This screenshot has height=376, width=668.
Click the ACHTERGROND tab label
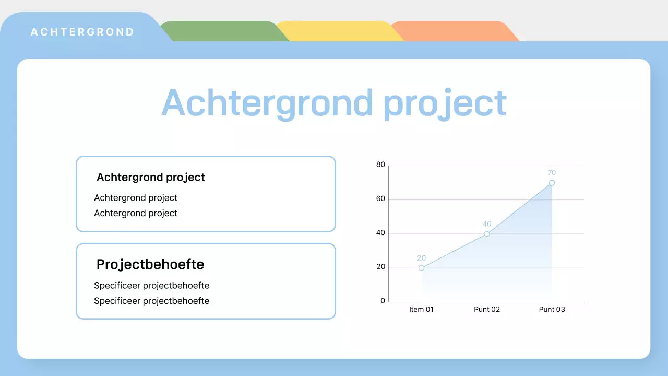click(x=82, y=32)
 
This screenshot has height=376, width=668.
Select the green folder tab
click(x=224, y=31)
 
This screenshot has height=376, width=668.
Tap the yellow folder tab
click(x=340, y=31)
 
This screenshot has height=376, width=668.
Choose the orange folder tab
click(x=455, y=31)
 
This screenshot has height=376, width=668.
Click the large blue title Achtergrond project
click(x=333, y=103)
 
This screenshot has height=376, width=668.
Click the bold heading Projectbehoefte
click(x=150, y=265)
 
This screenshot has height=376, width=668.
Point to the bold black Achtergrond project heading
click(x=151, y=177)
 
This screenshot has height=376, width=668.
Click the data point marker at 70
click(x=552, y=183)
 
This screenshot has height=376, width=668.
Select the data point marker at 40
click(x=487, y=234)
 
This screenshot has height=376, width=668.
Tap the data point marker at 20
click(x=421, y=268)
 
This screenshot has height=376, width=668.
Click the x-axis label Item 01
click(x=421, y=310)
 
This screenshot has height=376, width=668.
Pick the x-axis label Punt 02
click(x=487, y=310)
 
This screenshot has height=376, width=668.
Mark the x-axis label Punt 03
click(x=552, y=310)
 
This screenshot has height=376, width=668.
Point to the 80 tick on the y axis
click(x=380, y=164)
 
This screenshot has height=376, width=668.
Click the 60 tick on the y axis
click(x=380, y=198)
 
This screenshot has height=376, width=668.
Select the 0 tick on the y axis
click(x=383, y=301)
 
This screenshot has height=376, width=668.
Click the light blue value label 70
click(x=552, y=173)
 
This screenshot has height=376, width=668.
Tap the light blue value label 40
click(x=487, y=224)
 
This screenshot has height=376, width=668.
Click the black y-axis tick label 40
click(x=380, y=232)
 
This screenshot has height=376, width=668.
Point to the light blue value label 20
click(x=421, y=258)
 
